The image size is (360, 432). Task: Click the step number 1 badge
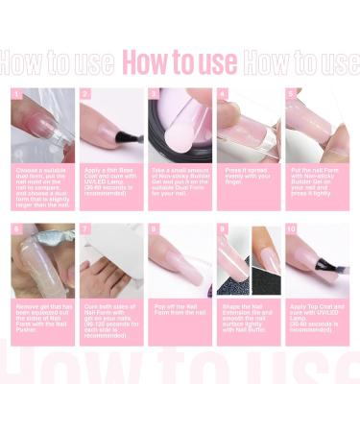click(x=16, y=95)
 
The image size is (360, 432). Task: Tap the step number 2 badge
click(x=85, y=95)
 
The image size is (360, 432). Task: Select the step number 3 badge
click(x=154, y=95)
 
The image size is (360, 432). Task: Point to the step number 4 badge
click(x=223, y=95)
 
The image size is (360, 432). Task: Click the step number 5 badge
click(x=291, y=95)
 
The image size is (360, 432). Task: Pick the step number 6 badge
click(x=16, y=230)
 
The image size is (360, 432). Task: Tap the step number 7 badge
click(x=85, y=230)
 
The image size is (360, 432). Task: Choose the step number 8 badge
click(x=154, y=230)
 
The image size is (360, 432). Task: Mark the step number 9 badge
click(x=223, y=230)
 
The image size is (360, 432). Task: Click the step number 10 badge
click(x=292, y=230)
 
